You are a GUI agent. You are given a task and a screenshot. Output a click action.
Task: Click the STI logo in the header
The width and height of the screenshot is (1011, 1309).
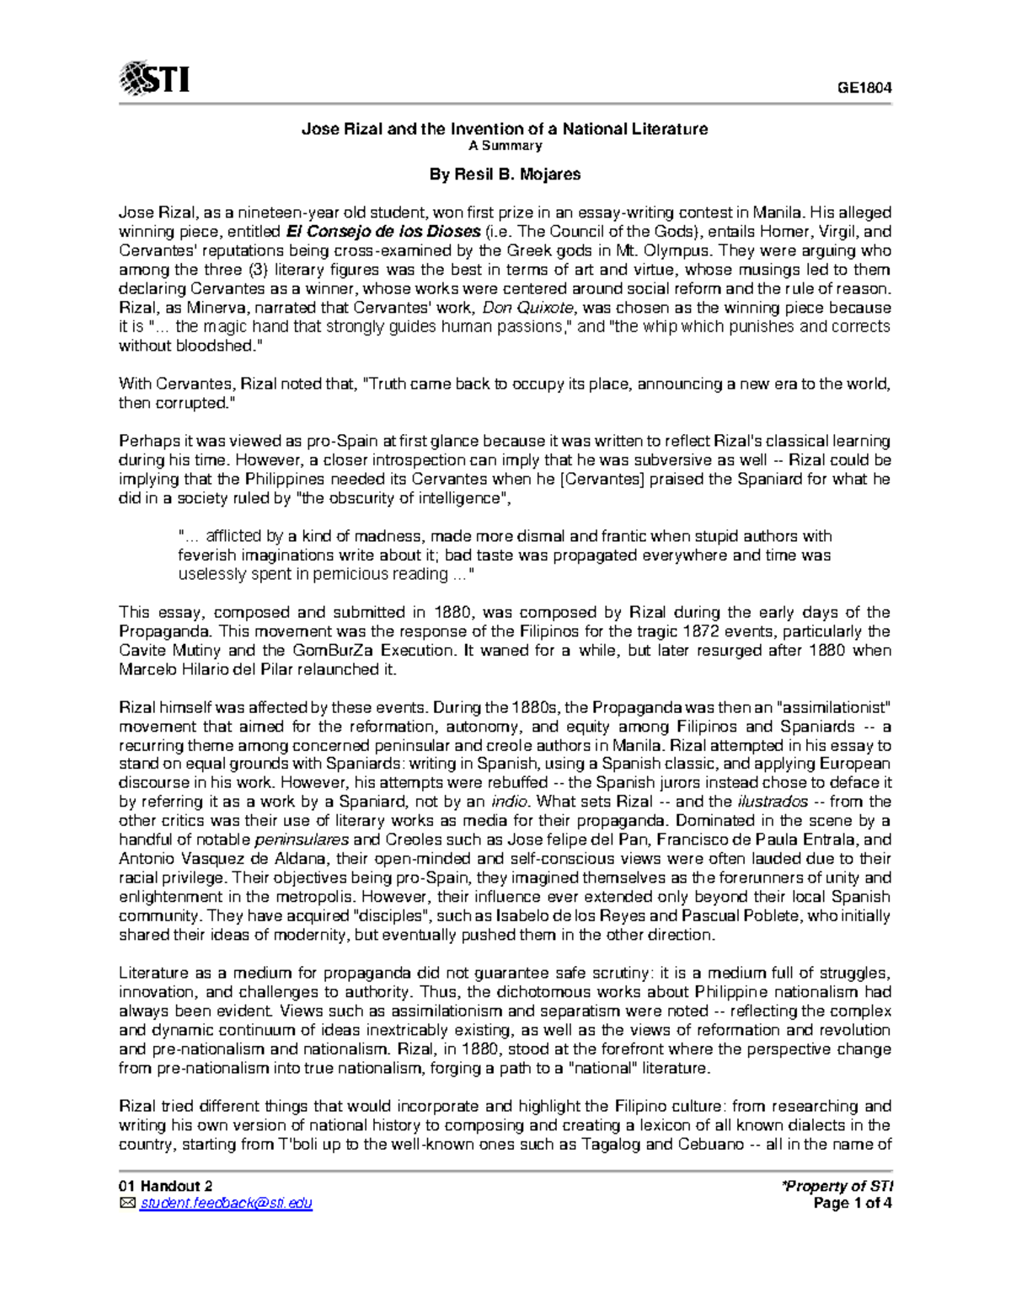pyautogui.click(x=154, y=79)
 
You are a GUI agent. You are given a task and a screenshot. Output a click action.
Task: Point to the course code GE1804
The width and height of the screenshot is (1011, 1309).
pyautogui.click(x=863, y=89)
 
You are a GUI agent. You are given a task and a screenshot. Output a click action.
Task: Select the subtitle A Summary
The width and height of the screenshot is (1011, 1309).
pyautogui.click(x=505, y=146)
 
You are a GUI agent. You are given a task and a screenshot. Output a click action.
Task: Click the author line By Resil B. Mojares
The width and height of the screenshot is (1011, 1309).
pyautogui.click(x=505, y=174)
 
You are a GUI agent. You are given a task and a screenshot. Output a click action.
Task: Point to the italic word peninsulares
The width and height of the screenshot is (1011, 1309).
pyautogui.click(x=301, y=840)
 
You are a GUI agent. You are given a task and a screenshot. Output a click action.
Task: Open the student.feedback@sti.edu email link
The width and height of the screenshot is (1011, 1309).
pyautogui.click(x=227, y=1204)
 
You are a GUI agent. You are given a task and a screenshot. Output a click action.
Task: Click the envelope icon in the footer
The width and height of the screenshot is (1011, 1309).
pyautogui.click(x=127, y=1204)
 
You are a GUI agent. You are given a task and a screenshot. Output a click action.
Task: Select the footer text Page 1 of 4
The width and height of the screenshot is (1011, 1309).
pyautogui.click(x=852, y=1204)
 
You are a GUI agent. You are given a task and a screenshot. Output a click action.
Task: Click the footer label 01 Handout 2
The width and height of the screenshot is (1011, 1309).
pyautogui.click(x=159, y=1186)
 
